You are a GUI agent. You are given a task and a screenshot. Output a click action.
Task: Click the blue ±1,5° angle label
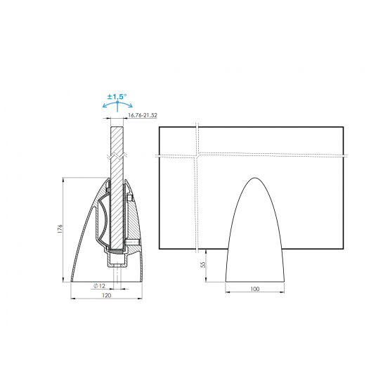(117, 96)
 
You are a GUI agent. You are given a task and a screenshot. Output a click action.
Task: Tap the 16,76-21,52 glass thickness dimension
(143, 115)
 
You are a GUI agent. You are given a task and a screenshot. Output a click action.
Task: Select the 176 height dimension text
(60, 229)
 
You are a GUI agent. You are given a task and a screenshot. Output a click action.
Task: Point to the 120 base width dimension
(106, 295)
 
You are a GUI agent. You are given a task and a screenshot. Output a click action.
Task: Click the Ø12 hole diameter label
(100, 286)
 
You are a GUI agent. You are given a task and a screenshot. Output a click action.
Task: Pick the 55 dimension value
(204, 264)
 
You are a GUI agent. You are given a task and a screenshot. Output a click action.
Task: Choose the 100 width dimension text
(254, 289)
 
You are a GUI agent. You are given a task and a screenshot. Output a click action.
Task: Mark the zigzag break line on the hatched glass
(117, 156)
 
